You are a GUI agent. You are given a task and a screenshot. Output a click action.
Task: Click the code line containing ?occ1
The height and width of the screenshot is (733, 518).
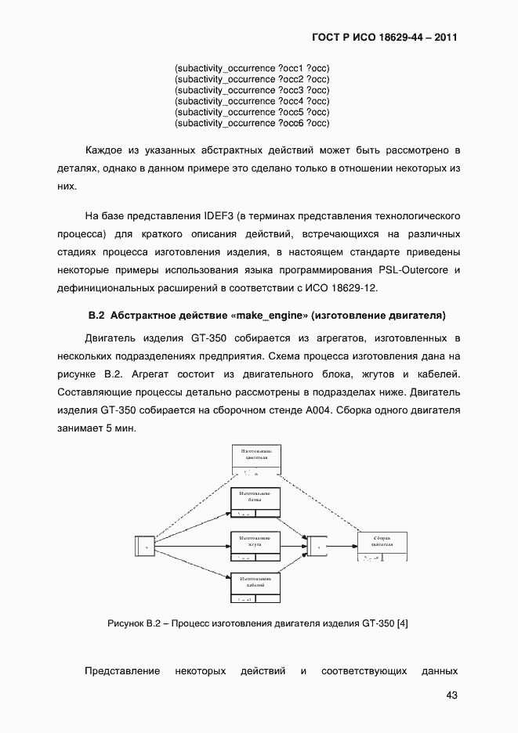click(x=252, y=68)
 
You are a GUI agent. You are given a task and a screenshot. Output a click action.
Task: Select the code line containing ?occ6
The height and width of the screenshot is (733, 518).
click(x=252, y=123)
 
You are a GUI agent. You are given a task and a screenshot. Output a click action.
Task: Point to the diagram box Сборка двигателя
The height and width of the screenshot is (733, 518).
click(x=383, y=546)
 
